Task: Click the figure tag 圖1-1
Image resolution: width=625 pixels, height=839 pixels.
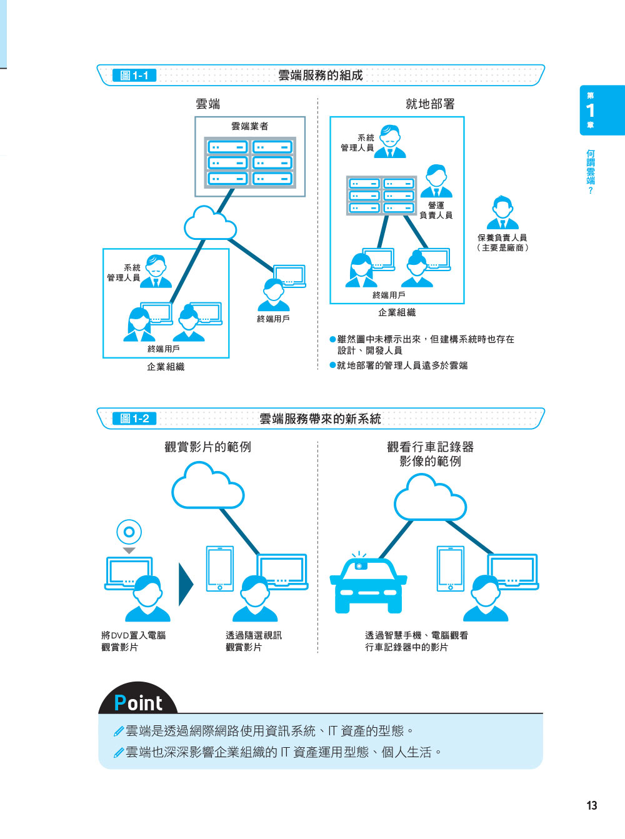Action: pos(134,76)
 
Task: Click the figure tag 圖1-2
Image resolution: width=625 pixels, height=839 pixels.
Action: pos(134,419)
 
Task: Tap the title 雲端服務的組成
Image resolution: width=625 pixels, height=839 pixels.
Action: pos(320,76)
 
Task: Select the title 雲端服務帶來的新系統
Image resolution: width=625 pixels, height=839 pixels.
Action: pos(320,419)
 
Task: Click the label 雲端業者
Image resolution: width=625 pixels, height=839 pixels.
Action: pos(249,126)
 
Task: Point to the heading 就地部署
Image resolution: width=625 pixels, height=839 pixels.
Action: pos(430,104)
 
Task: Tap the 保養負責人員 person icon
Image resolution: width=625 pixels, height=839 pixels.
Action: pos(502,213)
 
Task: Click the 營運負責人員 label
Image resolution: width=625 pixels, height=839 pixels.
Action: pos(436,210)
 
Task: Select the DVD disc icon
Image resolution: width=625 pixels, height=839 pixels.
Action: pos(129,532)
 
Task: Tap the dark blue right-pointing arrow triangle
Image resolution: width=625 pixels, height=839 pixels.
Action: pos(186,584)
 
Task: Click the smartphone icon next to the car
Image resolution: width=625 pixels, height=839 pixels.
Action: pos(451,568)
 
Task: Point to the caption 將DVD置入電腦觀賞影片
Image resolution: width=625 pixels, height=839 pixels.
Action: pos(133,641)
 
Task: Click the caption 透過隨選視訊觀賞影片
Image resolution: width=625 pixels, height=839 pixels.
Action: pos(253,641)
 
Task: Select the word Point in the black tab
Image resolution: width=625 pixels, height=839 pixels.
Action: pos(138,703)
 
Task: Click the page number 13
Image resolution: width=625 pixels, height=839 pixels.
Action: pos(591,805)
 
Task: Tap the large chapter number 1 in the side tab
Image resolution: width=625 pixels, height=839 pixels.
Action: pos(590,111)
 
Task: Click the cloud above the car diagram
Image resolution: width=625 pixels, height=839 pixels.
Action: pos(430,498)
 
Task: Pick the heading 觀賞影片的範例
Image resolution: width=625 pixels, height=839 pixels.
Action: pos(207,447)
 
